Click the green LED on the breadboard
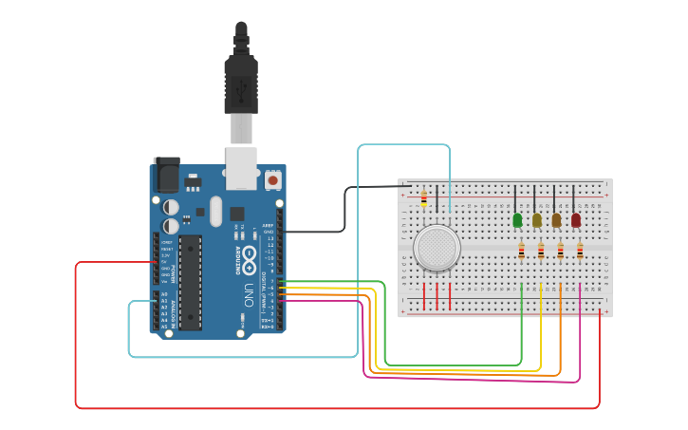pos(517,220)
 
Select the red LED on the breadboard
pos(575,220)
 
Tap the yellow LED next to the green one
pos(536,220)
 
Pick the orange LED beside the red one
pos(556,220)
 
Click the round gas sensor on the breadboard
pos(437,247)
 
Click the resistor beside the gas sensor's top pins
pos(423,199)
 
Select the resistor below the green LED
pos(521,251)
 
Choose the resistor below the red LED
pos(580,251)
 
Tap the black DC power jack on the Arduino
pos(167,176)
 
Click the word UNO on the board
pos(250,289)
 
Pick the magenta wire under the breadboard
pos(474,381)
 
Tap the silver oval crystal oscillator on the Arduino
pos(215,211)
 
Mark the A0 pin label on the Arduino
pos(164,293)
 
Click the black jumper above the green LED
pos(515,199)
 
